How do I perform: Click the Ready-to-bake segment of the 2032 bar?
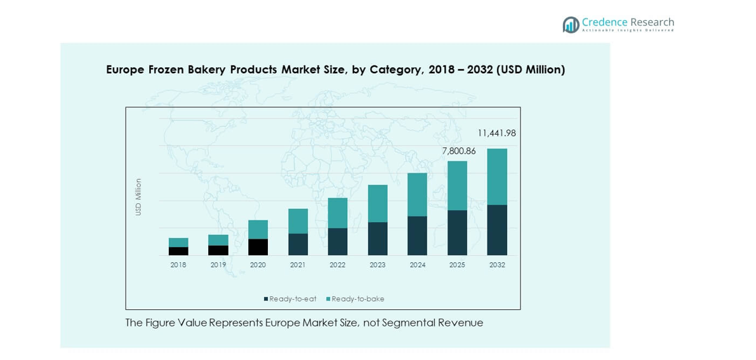click(497, 177)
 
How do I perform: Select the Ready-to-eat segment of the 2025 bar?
click(457, 232)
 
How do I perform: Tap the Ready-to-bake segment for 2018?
click(178, 243)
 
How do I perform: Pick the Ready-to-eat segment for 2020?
click(258, 247)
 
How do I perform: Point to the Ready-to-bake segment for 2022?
click(337, 213)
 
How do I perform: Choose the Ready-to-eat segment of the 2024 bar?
click(417, 236)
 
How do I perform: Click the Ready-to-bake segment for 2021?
click(298, 221)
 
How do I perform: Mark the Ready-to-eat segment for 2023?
click(377, 239)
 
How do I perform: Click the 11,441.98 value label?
click(496, 133)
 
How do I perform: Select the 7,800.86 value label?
click(459, 151)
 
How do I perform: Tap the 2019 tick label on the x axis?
click(218, 265)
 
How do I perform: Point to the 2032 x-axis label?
click(497, 265)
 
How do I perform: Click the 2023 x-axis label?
click(377, 265)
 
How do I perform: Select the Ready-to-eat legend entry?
click(290, 299)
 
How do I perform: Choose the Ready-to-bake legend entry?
click(355, 299)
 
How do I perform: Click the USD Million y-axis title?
click(138, 197)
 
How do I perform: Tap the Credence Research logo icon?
click(571, 25)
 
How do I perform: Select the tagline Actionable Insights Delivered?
click(628, 30)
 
